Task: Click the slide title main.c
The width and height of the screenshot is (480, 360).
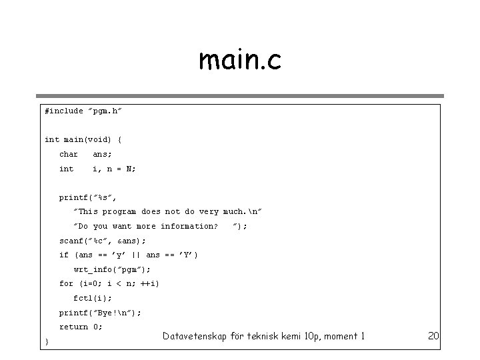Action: (x=240, y=61)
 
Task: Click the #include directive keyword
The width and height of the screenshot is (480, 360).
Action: (x=64, y=111)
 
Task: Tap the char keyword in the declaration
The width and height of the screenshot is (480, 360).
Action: (x=69, y=154)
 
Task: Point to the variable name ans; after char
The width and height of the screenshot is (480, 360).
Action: (x=102, y=154)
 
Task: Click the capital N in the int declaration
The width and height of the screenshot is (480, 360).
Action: (x=130, y=169)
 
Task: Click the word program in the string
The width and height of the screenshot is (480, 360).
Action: (x=119, y=211)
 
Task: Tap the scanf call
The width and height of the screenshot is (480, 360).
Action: (x=102, y=241)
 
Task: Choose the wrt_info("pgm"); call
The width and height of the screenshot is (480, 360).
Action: (x=112, y=270)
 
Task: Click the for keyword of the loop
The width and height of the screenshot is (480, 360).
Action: (x=66, y=284)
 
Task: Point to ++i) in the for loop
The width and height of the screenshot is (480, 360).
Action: (x=150, y=284)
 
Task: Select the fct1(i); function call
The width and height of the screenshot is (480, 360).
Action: (x=93, y=299)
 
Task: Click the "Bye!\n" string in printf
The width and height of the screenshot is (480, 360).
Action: (x=117, y=313)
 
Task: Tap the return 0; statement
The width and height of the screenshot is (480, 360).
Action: (x=81, y=327)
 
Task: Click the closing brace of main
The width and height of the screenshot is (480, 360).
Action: (x=46, y=342)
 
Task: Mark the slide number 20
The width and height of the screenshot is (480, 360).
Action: (x=433, y=336)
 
